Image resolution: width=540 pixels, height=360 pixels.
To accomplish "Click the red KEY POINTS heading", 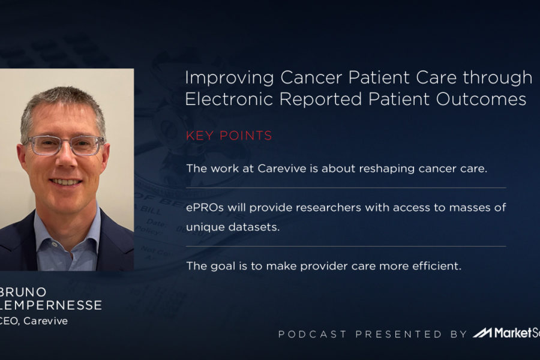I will tap(229, 136).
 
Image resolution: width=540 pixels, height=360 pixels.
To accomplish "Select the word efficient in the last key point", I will tap(439, 266).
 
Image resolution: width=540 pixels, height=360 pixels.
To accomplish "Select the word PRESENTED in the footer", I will tap(398, 334).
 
